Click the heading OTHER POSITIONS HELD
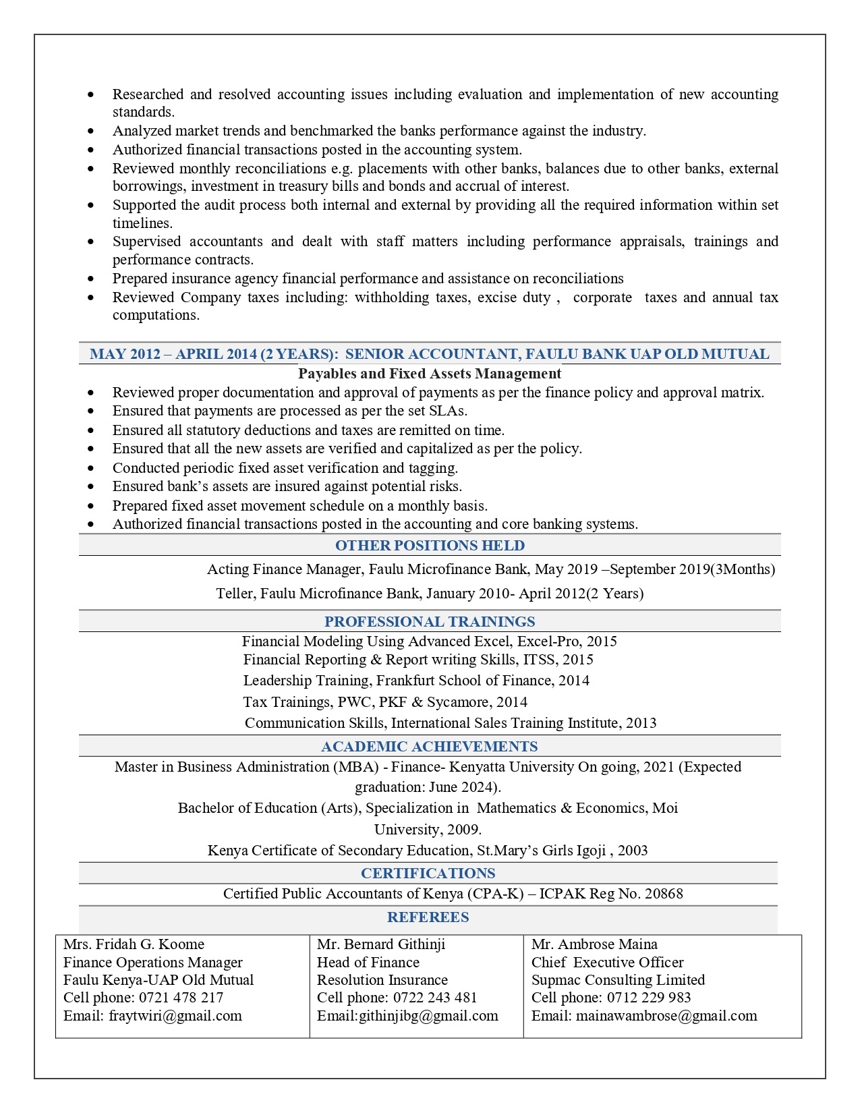pos(430,545)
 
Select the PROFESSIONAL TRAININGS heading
pos(430,621)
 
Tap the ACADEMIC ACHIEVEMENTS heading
pos(430,746)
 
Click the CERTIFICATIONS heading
pos(428,873)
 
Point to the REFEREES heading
pos(428,917)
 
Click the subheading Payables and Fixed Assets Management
pos(430,374)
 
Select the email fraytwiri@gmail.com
pos(175,1016)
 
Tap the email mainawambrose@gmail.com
pos(666,1016)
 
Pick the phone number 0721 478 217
pos(181,998)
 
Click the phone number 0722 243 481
pos(435,998)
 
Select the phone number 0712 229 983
pos(649,998)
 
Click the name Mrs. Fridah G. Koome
pos(134,944)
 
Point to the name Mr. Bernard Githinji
pos(381,944)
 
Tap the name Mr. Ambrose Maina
pos(594,944)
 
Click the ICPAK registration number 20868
pos(664,894)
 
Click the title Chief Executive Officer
pos(607,963)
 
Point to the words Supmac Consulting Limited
pos(618,980)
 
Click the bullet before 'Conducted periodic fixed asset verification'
pos(91,468)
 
